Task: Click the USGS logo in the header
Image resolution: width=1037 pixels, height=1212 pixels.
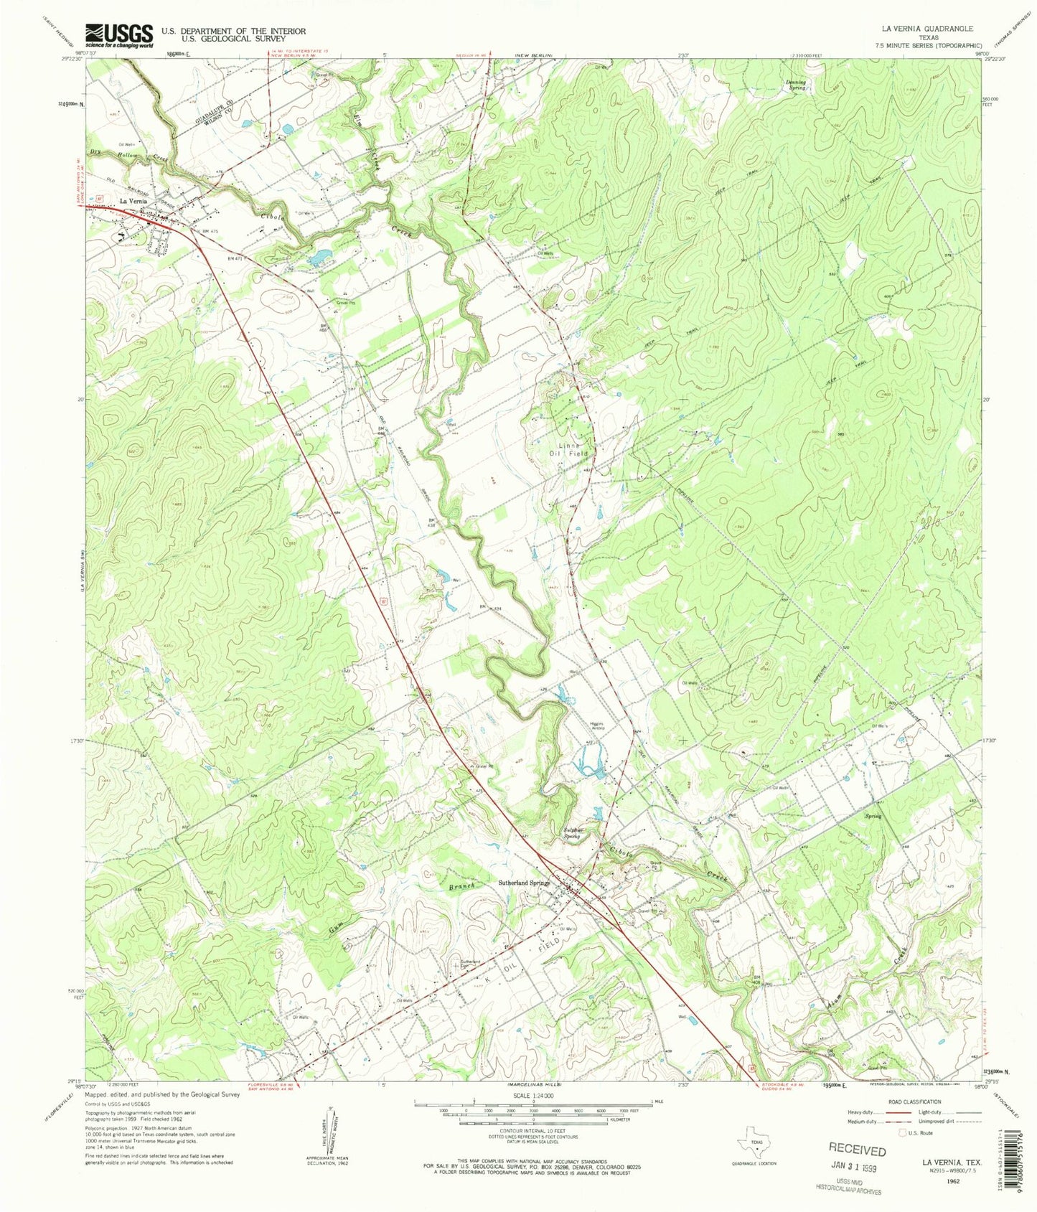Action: coord(119,35)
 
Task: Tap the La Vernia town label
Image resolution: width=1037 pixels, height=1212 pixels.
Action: coord(133,202)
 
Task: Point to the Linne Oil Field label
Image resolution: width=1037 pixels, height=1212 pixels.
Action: coord(569,449)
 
